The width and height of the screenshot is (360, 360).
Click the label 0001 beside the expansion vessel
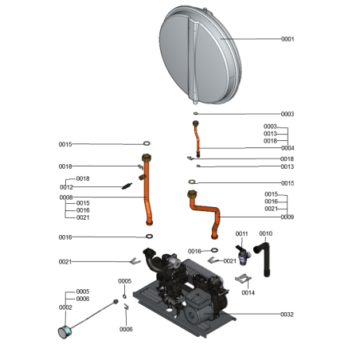[x=288, y=39]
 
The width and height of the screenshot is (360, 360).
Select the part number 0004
[x=288, y=148]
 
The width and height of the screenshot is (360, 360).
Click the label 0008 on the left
[x=65, y=197]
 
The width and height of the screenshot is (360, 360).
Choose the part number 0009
[x=288, y=217]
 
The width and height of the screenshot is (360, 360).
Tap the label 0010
[x=266, y=233]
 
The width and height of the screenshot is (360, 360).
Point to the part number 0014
[x=248, y=292]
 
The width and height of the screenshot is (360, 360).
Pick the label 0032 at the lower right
[x=288, y=315]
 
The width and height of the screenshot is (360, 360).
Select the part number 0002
[x=65, y=307]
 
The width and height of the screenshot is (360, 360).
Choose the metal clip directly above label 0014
[x=245, y=278]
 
